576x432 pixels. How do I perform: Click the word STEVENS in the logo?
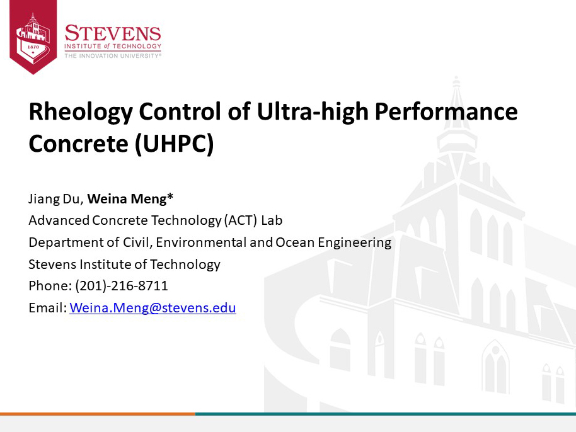click(x=113, y=33)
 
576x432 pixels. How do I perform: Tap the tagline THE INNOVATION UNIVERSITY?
click(x=113, y=56)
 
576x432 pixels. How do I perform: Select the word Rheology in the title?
click(x=81, y=111)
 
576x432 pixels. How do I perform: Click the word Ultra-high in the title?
click(x=313, y=111)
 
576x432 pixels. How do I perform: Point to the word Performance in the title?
click(x=446, y=111)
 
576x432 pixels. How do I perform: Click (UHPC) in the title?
click(x=174, y=144)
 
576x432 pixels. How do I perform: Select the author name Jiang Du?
click(x=54, y=198)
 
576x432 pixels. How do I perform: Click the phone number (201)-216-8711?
click(x=122, y=285)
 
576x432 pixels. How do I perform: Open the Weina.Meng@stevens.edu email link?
click(x=153, y=307)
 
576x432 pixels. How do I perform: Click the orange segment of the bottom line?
click(x=97, y=414)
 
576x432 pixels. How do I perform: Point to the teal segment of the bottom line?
click(x=385, y=414)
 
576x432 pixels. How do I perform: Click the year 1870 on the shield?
click(x=33, y=47)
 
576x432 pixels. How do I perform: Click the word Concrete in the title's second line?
click(x=78, y=144)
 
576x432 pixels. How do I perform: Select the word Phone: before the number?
click(x=50, y=285)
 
